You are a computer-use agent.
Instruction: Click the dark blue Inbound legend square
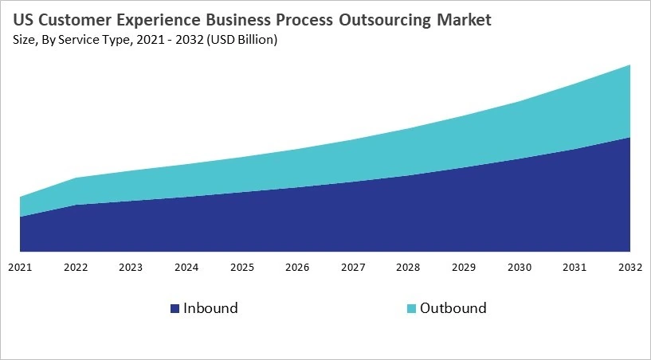tap(174, 308)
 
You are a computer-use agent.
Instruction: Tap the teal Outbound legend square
tap(410, 308)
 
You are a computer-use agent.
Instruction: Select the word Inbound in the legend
tap(210, 307)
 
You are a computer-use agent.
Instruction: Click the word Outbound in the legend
tap(453, 307)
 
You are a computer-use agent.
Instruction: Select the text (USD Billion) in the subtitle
tap(241, 41)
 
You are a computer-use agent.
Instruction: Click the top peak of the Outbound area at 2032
tap(630, 65)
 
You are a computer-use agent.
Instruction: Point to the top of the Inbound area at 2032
tap(630, 138)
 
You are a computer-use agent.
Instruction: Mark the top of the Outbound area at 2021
tap(21, 197)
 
